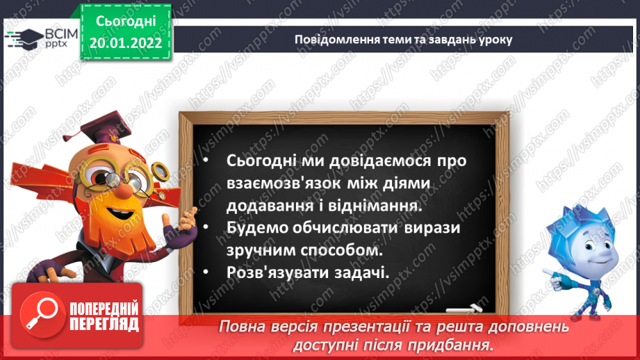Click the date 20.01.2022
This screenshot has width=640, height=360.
coord(126,44)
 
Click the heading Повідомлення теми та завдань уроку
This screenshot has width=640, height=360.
coord(404,39)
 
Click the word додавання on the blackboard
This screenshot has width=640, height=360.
coord(266,206)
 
